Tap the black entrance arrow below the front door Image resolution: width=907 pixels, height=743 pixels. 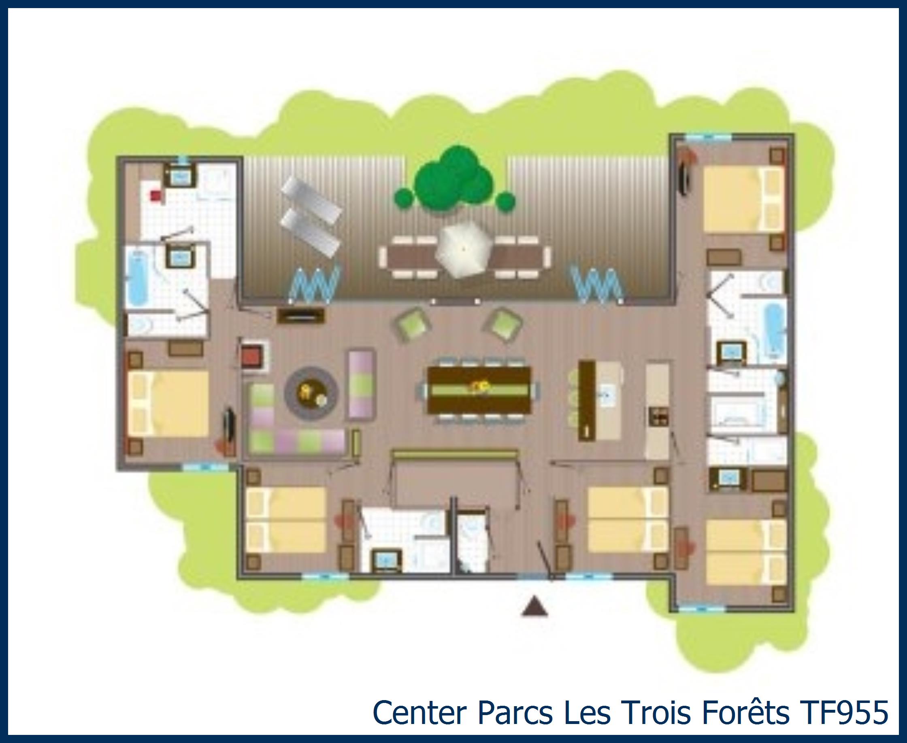534,608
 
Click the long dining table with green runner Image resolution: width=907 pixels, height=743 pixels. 479,389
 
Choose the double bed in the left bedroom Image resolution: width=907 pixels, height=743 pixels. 168,403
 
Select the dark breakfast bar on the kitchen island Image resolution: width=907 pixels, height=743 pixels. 586,401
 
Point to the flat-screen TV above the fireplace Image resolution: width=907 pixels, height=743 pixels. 300,315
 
